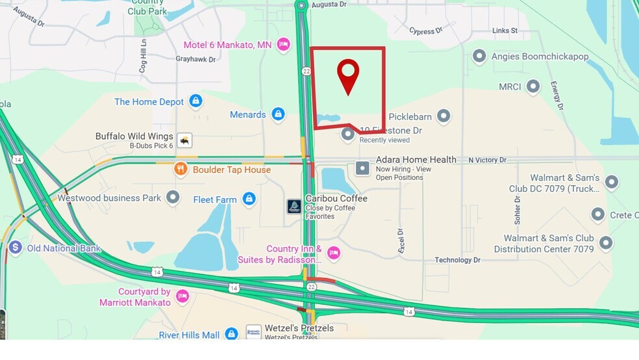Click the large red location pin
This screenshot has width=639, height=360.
point(349,75)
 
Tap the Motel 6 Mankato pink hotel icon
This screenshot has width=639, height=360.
point(283,44)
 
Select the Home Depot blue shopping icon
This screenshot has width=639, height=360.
point(195,101)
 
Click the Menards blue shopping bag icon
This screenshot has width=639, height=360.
point(278,114)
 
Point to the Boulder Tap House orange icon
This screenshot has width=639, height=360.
point(181,170)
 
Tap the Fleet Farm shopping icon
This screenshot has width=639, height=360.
point(249,199)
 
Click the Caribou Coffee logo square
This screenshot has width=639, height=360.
point(294,206)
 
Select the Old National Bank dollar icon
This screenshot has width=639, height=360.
point(16,248)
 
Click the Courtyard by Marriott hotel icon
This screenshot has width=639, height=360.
point(182,296)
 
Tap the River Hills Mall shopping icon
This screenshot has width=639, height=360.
point(231,334)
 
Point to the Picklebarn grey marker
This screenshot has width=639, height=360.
point(444,116)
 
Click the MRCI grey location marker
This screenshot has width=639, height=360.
point(533,86)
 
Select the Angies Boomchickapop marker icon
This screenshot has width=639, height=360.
point(479,57)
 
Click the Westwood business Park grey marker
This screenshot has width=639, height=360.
point(173,198)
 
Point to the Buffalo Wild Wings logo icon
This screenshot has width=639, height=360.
point(185,140)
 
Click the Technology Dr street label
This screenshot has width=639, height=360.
point(457,260)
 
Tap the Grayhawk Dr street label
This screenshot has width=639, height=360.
point(195,59)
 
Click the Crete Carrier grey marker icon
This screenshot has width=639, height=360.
point(598,214)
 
